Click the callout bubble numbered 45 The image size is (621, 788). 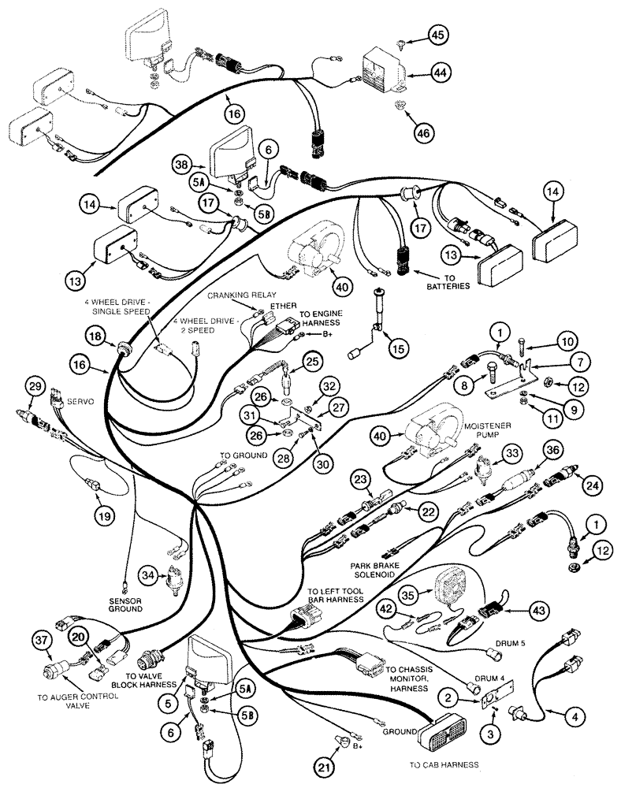[437, 34]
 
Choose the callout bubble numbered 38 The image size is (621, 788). [181, 165]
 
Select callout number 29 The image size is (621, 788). [33, 386]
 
